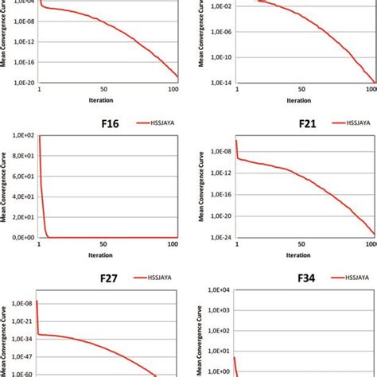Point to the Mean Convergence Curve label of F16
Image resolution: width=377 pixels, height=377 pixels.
pyautogui.click(x=6, y=187)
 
